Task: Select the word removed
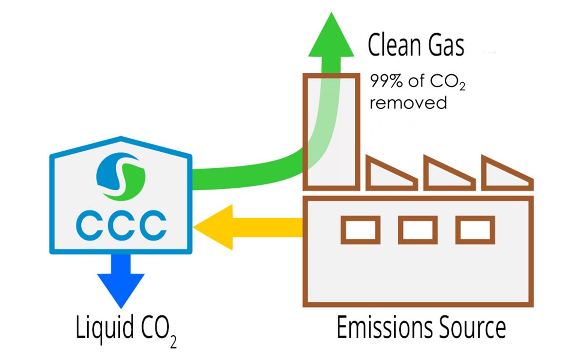tap(408, 103)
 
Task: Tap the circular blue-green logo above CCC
tap(121, 176)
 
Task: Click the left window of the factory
tap(361, 229)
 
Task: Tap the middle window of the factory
tap(418, 229)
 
